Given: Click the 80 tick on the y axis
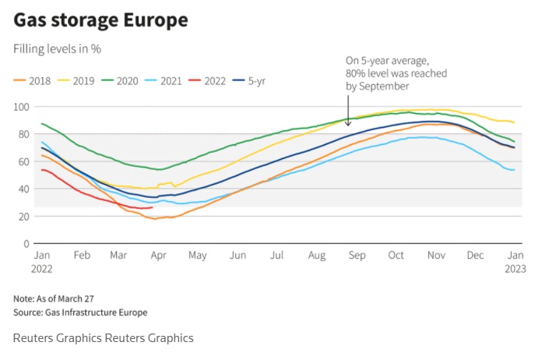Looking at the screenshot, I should tap(23, 134).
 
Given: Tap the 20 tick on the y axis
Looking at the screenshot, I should tap(23, 216).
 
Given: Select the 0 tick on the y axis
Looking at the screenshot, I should tap(26, 243).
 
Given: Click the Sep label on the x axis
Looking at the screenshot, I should tap(357, 256).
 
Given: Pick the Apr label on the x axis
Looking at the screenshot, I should tap(158, 256).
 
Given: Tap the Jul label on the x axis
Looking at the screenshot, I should tap(276, 256).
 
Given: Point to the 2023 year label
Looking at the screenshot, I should tap(515, 269).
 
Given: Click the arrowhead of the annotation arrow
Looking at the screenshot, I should tap(348, 124).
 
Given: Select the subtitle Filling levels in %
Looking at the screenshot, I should tap(58, 48).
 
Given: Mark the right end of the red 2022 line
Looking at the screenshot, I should tap(152, 207).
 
